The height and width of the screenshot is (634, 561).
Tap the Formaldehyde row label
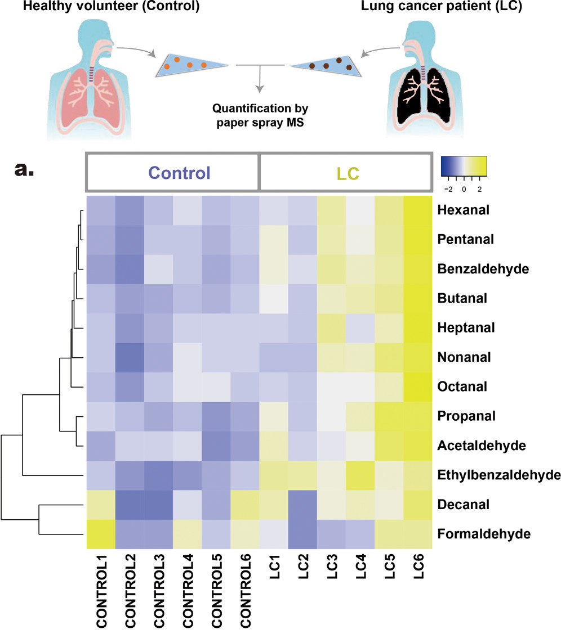point(476,533)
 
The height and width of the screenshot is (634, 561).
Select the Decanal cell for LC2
point(302,505)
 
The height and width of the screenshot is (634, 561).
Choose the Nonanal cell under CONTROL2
point(129,357)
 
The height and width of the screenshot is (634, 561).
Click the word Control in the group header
point(172,172)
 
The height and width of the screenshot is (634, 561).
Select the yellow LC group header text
point(342,173)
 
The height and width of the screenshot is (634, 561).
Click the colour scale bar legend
point(464,166)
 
